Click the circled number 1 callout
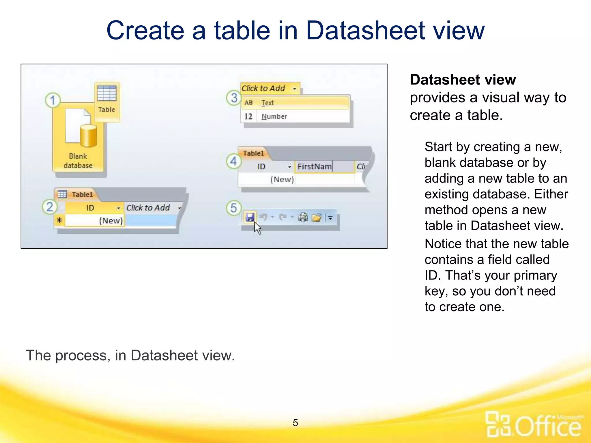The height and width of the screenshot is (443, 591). [x=53, y=100]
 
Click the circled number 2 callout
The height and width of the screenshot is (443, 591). [x=50, y=207]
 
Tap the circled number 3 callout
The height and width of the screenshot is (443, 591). [x=234, y=98]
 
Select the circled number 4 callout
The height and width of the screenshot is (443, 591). [x=233, y=161]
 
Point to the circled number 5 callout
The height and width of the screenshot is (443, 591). [x=233, y=208]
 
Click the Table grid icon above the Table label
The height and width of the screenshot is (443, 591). [x=107, y=93]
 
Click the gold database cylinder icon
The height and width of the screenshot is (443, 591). [x=88, y=136]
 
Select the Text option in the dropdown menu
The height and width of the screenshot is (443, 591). [x=268, y=103]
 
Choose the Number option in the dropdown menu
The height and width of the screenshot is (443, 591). [x=274, y=117]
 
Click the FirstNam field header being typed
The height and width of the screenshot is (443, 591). [x=315, y=167]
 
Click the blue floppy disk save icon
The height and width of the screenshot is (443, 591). [x=250, y=217]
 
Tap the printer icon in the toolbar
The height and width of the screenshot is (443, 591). [x=303, y=217]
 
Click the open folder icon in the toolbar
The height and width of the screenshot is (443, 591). [x=317, y=217]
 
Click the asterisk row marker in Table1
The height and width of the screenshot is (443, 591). [x=59, y=221]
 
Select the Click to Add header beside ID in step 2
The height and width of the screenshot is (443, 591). [x=148, y=208]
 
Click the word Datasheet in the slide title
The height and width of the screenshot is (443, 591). [x=365, y=31]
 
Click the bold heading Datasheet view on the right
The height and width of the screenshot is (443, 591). [x=463, y=80]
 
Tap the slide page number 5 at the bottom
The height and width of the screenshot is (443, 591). [x=295, y=423]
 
